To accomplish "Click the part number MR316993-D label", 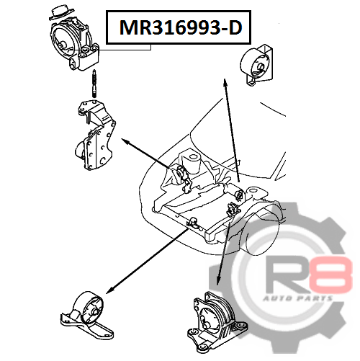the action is (181, 27).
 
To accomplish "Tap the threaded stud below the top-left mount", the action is (94, 84).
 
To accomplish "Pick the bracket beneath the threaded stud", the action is (95, 135).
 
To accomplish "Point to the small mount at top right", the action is (256, 64).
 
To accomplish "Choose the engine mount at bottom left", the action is (86, 315).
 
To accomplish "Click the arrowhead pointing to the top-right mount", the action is (225, 82).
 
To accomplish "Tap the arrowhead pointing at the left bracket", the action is (126, 141).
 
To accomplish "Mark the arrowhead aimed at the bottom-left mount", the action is (109, 290).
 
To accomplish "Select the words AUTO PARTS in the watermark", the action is (298, 298).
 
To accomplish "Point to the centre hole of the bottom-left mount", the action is (94, 311).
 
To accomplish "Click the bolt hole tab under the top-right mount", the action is (251, 82).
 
